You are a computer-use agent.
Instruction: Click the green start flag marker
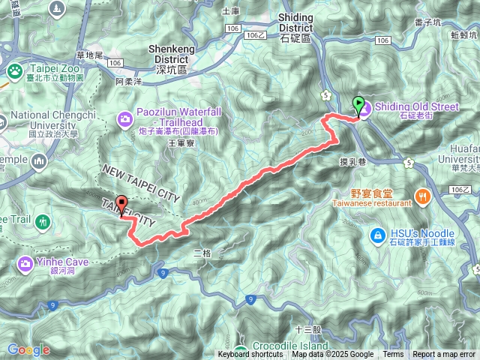pos(358,105)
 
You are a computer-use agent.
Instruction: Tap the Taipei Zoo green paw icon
pos(14,70)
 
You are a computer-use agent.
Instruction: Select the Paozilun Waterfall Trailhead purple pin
pos(125,118)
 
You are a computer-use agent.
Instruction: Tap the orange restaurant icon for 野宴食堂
pos(424,196)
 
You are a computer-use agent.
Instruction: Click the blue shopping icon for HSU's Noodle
pos(378,236)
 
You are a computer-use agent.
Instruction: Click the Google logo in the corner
pos(28,349)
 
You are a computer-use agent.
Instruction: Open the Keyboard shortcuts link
pos(250,355)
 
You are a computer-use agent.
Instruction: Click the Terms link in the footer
pos(393,355)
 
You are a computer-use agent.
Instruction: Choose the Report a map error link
pos(445,355)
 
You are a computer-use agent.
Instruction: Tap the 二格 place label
pos(202,253)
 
